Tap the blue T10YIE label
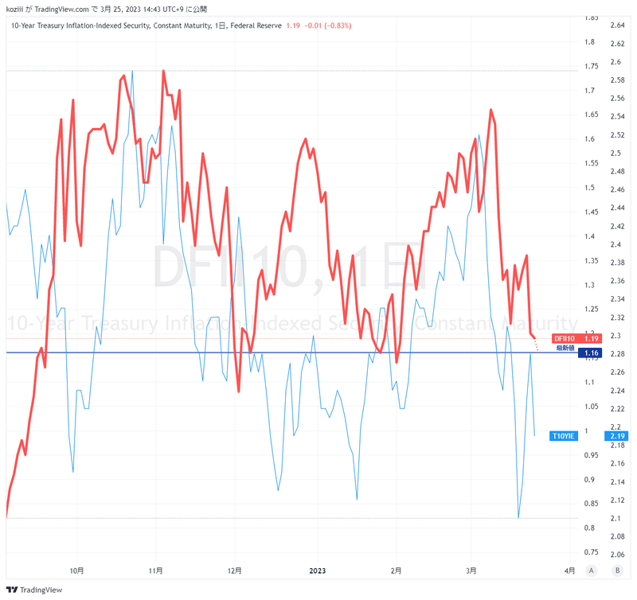(x=563, y=435)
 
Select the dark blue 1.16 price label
(x=591, y=353)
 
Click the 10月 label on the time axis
(x=77, y=571)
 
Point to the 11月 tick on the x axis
(x=156, y=571)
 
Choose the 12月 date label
(x=235, y=571)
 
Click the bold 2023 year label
(x=317, y=571)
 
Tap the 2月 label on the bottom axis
(x=396, y=571)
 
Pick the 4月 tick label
(x=569, y=571)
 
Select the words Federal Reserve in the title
(x=255, y=25)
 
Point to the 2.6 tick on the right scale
(x=616, y=62)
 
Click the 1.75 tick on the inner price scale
(x=591, y=66)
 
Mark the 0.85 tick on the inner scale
(x=591, y=504)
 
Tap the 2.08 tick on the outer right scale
(x=617, y=536)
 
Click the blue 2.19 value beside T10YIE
(x=616, y=435)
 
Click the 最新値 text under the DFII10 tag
(x=566, y=348)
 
